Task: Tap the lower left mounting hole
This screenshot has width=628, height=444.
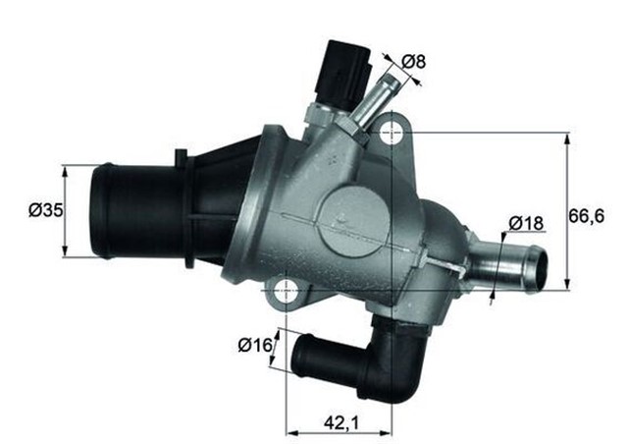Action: click(286, 290)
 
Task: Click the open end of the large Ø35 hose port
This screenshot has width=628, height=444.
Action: click(99, 210)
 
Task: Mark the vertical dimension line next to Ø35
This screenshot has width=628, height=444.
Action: click(66, 210)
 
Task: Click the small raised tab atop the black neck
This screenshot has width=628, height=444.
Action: click(181, 156)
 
